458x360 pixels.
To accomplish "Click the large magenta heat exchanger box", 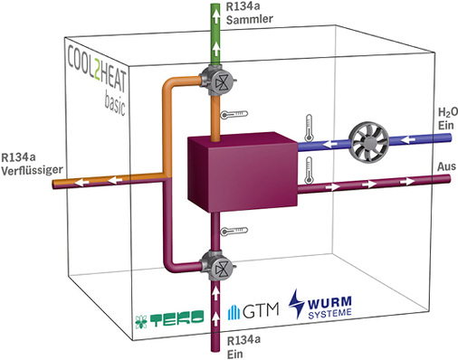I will (x=240, y=171).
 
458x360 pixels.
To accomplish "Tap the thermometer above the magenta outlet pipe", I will (x=310, y=169).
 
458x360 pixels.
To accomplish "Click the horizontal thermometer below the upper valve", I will (x=234, y=114).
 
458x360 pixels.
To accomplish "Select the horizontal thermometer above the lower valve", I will (x=234, y=232).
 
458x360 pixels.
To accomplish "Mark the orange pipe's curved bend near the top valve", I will (x=170, y=87).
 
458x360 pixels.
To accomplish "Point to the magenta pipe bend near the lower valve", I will (x=172, y=262).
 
